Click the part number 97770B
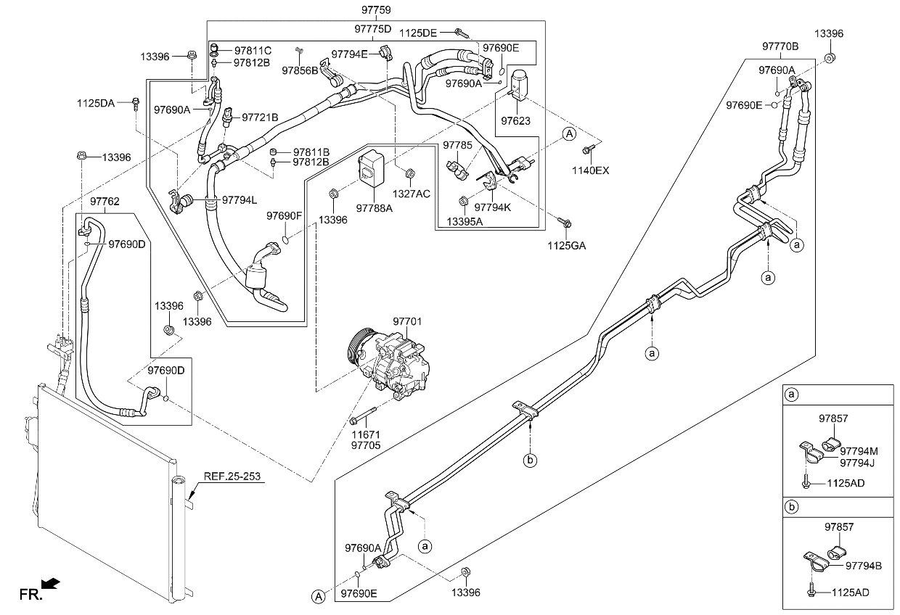780,46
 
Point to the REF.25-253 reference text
231,476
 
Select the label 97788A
374,208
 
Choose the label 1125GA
567,245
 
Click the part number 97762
105,201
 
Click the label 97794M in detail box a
859,451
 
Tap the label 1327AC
412,194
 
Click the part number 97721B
260,117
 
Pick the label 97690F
284,215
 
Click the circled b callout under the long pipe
531,460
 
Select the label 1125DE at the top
418,33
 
